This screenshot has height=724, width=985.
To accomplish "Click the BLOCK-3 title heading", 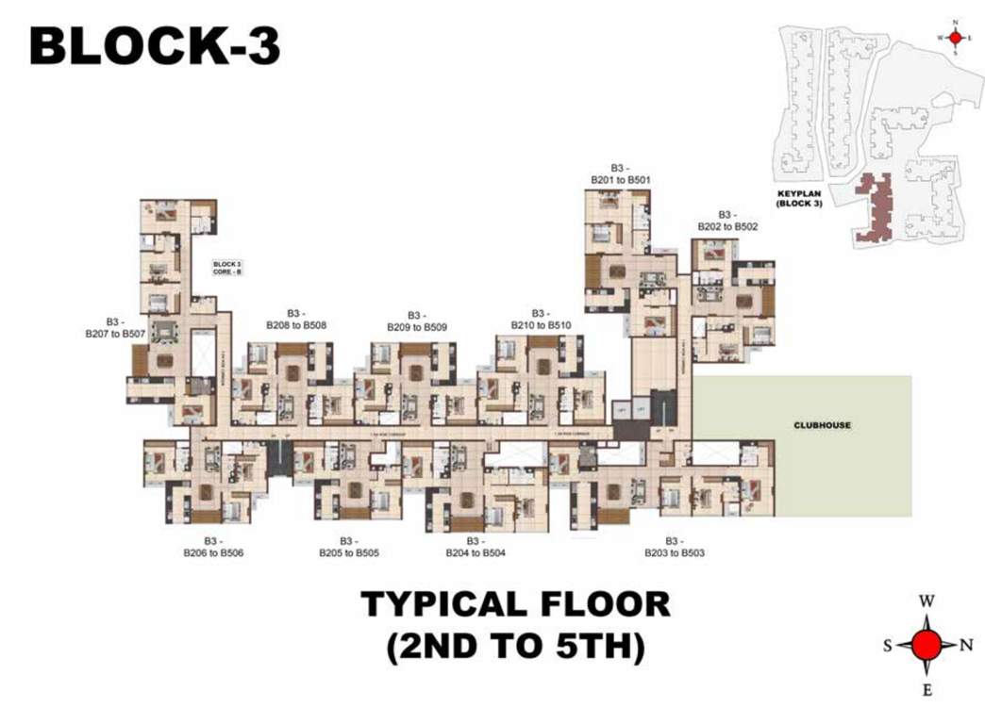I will tap(155, 46).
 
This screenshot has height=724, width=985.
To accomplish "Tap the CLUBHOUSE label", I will tap(822, 425).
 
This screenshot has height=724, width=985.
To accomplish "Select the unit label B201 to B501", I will tap(621, 173).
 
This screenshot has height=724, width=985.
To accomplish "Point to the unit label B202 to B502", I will tap(727, 221).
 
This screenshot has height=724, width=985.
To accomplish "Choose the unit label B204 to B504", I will tap(476, 548).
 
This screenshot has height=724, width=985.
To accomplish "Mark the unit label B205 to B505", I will tap(348, 548).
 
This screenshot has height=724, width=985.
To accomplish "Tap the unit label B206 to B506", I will tap(213, 548).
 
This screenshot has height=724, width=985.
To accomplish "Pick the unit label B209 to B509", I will tap(416, 321).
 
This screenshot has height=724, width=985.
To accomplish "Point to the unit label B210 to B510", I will tap(541, 319).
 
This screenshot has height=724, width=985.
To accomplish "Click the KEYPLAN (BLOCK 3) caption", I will tap(799, 199).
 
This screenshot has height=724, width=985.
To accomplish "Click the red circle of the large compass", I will tap(927, 646).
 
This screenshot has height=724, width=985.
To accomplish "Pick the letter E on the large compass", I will tap(927, 690).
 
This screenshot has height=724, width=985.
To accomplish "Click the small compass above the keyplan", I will tap(955, 38).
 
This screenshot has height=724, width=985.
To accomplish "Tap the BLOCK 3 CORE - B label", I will tap(227, 268).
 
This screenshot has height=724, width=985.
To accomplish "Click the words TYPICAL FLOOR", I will tap(515, 603).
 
